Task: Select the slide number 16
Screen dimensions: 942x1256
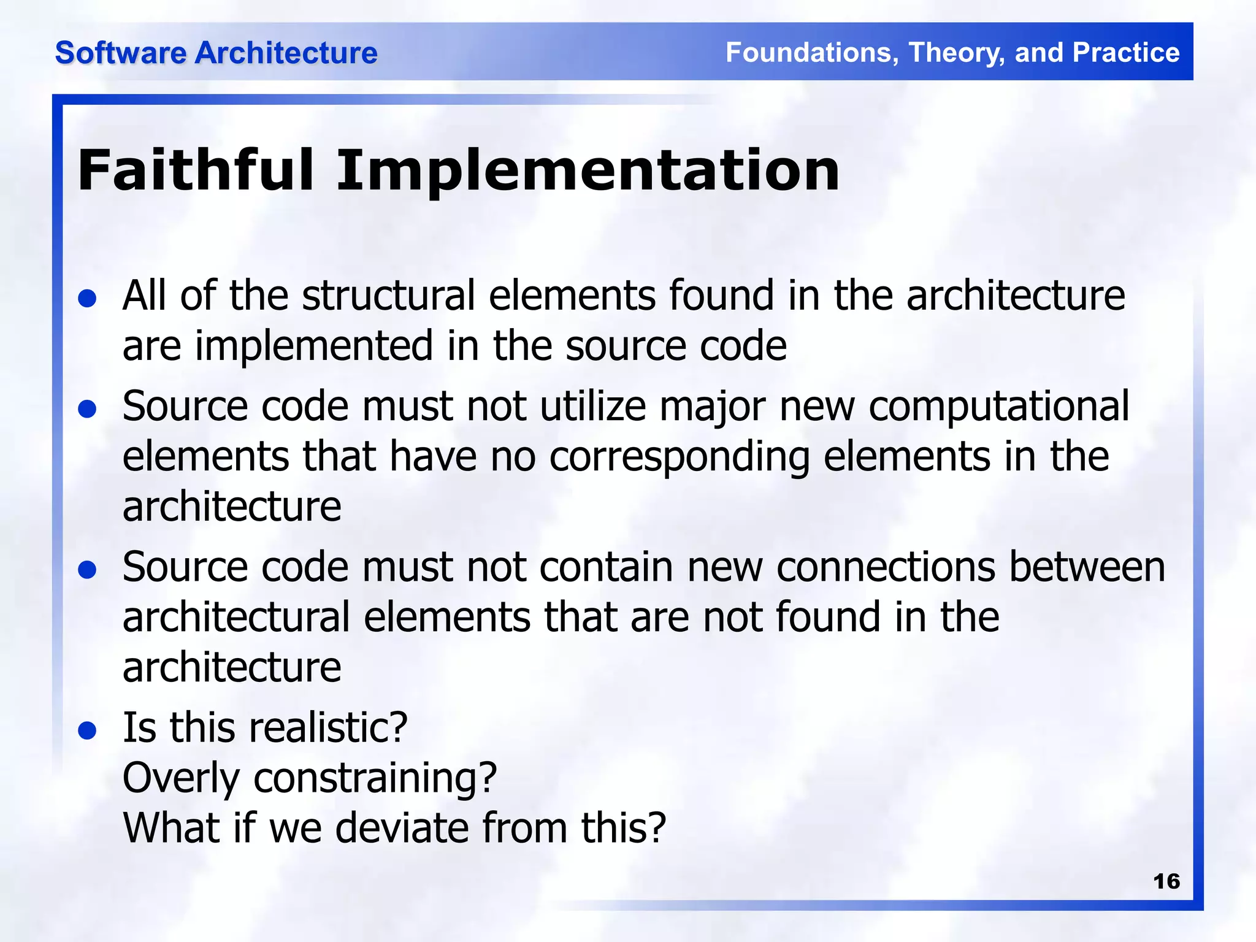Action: click(x=1166, y=881)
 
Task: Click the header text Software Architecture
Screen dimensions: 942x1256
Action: click(x=216, y=53)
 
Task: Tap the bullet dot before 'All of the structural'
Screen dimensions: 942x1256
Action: click(x=88, y=299)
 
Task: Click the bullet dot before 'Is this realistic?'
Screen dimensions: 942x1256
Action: click(x=88, y=730)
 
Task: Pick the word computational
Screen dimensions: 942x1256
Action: click(x=998, y=407)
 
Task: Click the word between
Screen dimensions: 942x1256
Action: click(x=1087, y=567)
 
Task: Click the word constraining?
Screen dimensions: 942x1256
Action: click(x=375, y=778)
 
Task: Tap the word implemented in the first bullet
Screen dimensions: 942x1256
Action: click(x=313, y=346)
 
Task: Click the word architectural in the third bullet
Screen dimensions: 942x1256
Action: click(x=235, y=617)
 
